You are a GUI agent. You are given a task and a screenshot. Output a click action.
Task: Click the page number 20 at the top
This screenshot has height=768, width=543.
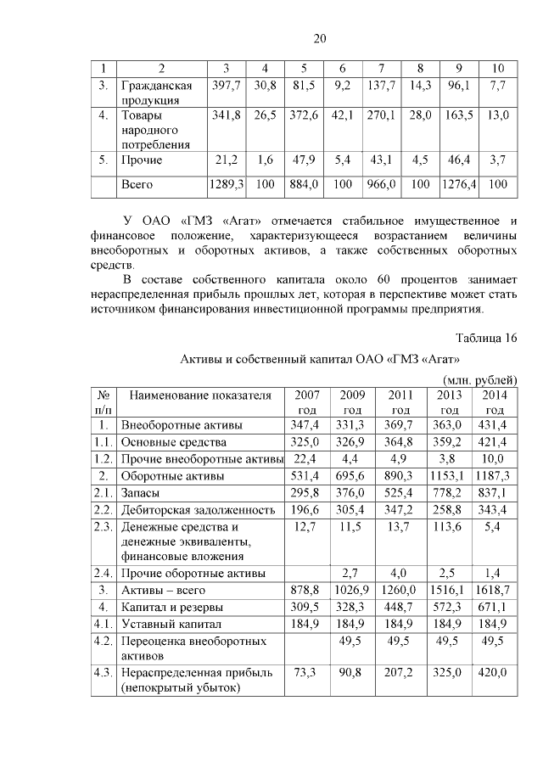[x=319, y=38]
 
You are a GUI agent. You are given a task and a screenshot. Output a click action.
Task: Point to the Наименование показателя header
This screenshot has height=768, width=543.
[x=200, y=395]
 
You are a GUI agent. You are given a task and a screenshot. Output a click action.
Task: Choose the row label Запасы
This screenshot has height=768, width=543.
[x=141, y=492]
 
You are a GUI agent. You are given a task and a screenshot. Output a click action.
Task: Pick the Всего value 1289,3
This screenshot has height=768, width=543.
[x=227, y=183]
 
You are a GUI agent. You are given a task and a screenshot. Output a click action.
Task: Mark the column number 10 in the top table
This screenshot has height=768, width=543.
[x=498, y=68]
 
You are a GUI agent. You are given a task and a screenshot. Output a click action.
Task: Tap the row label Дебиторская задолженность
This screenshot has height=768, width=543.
[x=198, y=510]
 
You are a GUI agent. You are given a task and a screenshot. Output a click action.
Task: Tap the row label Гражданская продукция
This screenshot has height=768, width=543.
[x=157, y=92]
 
